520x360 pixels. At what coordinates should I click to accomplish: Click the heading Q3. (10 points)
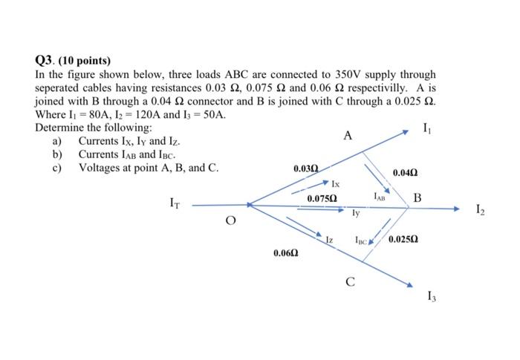[x=72, y=60]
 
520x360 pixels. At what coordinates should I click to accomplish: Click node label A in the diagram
[x=348, y=136]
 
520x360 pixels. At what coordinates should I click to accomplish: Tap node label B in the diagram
[x=417, y=198]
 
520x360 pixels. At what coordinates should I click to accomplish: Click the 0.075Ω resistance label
[x=322, y=199]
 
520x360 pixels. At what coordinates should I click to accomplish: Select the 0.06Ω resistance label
[x=286, y=253]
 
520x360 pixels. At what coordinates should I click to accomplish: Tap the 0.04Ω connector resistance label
[x=403, y=172]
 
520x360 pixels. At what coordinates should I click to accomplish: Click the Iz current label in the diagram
[x=328, y=240]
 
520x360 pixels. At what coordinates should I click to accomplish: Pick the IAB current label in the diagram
[x=380, y=197]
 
